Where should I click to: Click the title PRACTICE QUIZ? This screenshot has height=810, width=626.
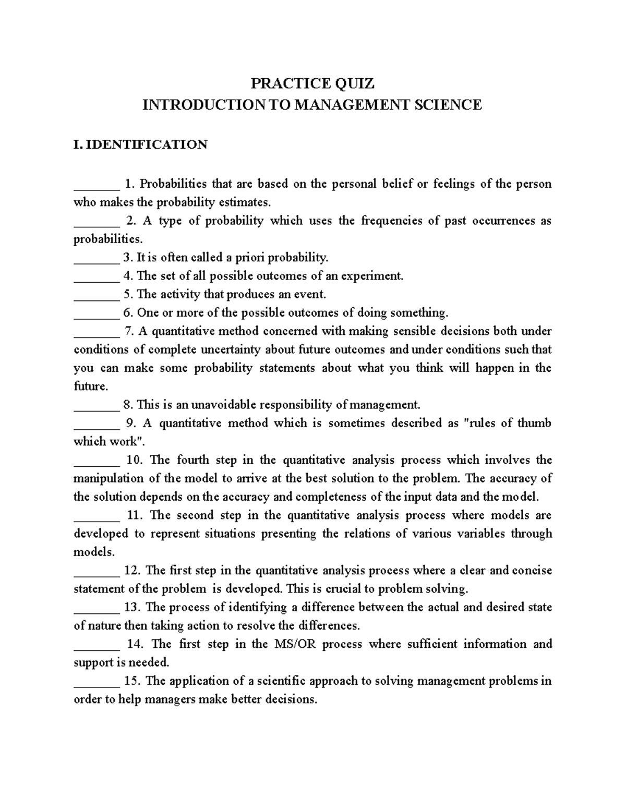point(312,83)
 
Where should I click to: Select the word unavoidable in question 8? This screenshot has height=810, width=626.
point(224,405)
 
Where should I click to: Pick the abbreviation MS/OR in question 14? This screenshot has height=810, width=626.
point(293,644)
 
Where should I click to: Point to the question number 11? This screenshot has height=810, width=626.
point(134,515)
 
